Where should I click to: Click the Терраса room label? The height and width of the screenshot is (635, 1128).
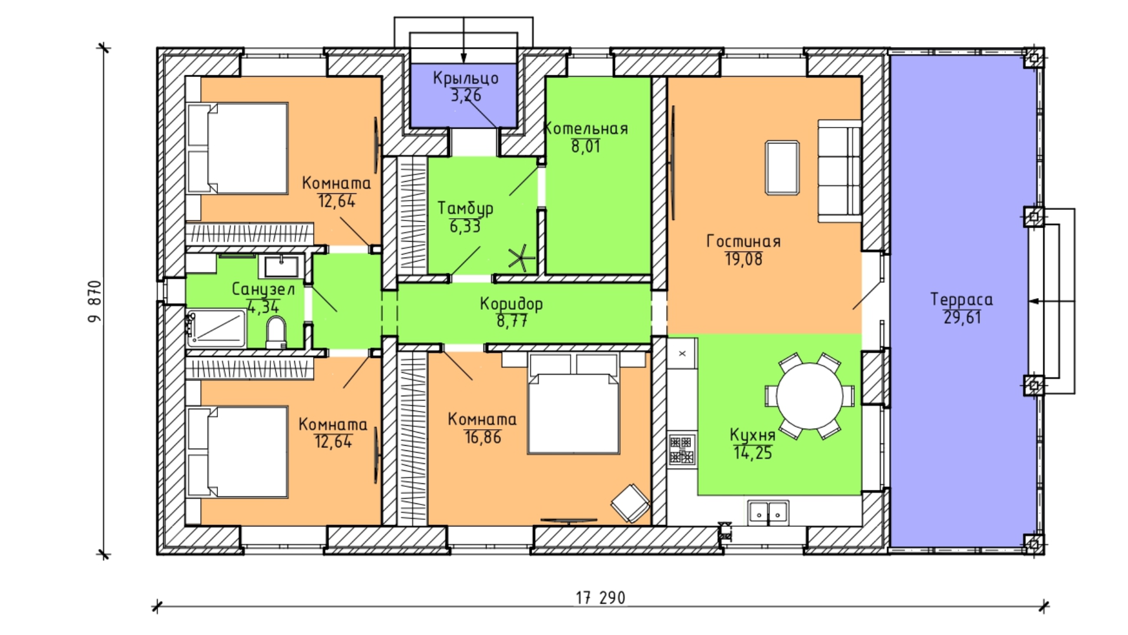point(962,299)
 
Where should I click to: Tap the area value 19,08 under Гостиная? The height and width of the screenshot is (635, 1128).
point(744,259)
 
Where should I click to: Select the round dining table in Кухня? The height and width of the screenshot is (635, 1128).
point(810,396)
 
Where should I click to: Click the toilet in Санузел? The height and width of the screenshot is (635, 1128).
point(276,333)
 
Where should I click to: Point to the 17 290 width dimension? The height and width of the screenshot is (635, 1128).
point(600,598)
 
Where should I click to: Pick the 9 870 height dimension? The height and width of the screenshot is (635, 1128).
point(95,301)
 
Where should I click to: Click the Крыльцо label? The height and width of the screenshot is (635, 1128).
point(466,78)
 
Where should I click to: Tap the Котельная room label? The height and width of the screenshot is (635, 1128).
point(586,129)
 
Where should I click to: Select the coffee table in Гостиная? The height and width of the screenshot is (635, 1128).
point(782,168)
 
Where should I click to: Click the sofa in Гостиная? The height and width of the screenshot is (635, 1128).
point(840,171)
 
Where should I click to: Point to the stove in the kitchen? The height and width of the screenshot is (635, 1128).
point(681,450)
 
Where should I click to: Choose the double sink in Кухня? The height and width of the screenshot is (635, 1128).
point(768,513)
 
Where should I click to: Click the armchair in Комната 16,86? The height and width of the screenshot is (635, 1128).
point(630,503)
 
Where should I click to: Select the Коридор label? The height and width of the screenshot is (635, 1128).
point(511,304)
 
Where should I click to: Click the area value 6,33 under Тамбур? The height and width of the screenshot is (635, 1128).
point(465,226)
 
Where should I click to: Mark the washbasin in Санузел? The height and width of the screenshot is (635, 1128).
point(281,266)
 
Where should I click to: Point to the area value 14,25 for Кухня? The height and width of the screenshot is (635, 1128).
point(753,453)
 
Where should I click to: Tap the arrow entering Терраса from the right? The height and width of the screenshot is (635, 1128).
point(1052,301)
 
